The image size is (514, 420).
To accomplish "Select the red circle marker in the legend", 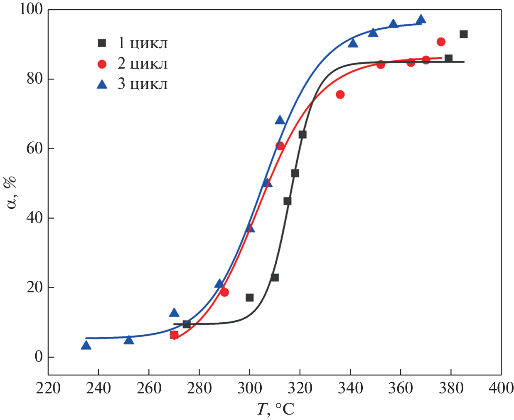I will (102, 64).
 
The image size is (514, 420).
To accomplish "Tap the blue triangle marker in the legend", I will (102, 84).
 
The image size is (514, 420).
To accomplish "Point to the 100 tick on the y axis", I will (31, 9).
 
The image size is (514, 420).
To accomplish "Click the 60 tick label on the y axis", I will (35, 148).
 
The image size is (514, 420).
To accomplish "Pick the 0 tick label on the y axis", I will (39, 357).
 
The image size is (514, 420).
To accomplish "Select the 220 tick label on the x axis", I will (48, 388).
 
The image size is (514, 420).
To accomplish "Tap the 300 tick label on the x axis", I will (249, 388).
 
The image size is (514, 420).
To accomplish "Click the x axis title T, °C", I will (275, 409).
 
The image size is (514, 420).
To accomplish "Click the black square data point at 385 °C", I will (463, 35).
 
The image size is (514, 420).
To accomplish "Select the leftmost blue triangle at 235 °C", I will (86, 345).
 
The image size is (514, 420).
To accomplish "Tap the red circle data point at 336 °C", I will (340, 94).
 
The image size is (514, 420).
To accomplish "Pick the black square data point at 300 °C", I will (249, 298).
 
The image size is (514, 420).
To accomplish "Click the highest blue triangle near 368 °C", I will (421, 20).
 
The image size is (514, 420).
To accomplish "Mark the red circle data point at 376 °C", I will (441, 42).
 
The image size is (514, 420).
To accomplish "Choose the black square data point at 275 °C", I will (187, 324).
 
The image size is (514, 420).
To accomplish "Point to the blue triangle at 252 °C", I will (129, 340).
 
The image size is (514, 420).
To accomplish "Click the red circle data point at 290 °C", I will (224, 292).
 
